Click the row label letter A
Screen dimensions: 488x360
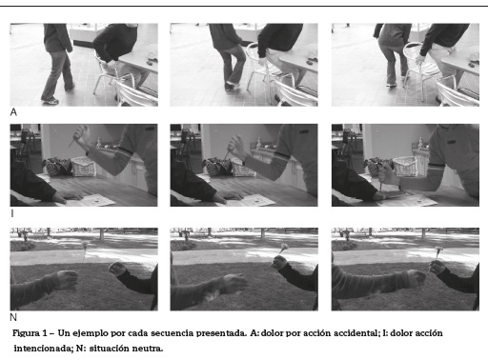click(x=13, y=112)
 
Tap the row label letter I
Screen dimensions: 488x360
click(x=12, y=213)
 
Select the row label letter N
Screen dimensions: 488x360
click(x=13, y=317)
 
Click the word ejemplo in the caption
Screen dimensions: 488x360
click(x=91, y=333)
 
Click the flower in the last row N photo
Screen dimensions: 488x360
click(x=438, y=250)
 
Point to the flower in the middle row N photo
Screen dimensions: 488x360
click(x=283, y=247)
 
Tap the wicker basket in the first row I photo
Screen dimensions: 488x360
click(x=83, y=167)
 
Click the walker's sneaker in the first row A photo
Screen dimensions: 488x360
click(x=51, y=101)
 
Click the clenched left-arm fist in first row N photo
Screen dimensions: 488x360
click(x=67, y=280)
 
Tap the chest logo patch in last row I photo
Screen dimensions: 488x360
click(x=452, y=142)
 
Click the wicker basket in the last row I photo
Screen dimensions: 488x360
click(x=405, y=167)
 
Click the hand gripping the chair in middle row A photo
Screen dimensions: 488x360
click(x=262, y=61)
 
